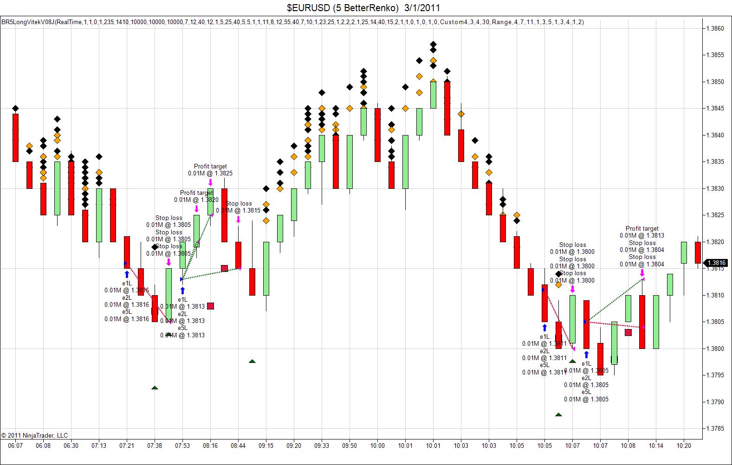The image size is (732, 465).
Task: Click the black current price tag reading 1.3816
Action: click(716, 263)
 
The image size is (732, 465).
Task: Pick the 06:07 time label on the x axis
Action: click(15, 446)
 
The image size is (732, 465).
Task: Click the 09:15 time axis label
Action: click(266, 446)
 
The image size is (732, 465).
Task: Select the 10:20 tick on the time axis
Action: click(684, 446)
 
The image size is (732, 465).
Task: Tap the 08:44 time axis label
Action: click(238, 446)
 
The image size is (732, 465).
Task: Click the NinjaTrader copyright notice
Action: click(34, 435)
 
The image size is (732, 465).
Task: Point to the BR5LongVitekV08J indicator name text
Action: click(28, 22)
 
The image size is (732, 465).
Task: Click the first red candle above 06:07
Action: click(15, 137)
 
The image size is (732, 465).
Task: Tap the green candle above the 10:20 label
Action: click(684, 252)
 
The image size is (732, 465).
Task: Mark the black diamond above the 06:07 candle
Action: click(15, 109)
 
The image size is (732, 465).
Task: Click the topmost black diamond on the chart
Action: click(433, 45)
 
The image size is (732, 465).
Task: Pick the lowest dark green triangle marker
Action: click(558, 414)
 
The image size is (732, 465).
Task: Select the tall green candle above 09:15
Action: click(266, 268)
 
